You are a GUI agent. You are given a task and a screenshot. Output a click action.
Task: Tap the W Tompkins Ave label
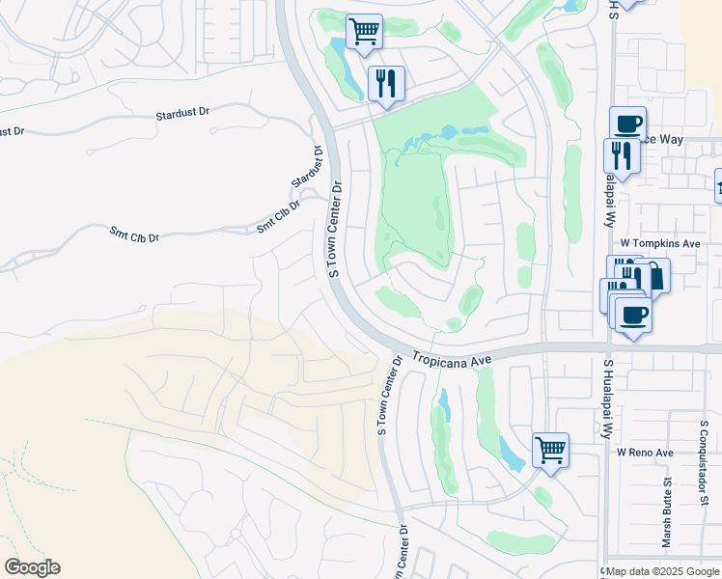tap(660, 244)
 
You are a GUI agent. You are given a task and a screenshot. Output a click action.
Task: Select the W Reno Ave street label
tap(646, 452)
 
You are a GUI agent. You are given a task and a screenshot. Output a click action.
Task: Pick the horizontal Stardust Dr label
tap(182, 113)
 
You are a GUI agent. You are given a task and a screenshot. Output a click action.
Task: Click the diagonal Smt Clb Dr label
tap(279, 215)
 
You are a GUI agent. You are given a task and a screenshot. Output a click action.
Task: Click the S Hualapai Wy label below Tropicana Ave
tap(609, 400)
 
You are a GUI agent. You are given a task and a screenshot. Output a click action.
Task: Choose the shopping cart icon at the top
tap(364, 31)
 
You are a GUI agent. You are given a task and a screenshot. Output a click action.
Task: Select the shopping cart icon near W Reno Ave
tap(550, 449)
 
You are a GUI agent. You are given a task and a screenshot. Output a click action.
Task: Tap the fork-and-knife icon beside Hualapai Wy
tap(622, 155)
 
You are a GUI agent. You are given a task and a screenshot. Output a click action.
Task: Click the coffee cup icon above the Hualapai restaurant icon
tap(627, 123)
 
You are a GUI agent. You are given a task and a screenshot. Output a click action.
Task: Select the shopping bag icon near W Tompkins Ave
tap(653, 275)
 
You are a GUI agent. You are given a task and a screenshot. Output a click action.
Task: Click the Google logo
tap(32, 567)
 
